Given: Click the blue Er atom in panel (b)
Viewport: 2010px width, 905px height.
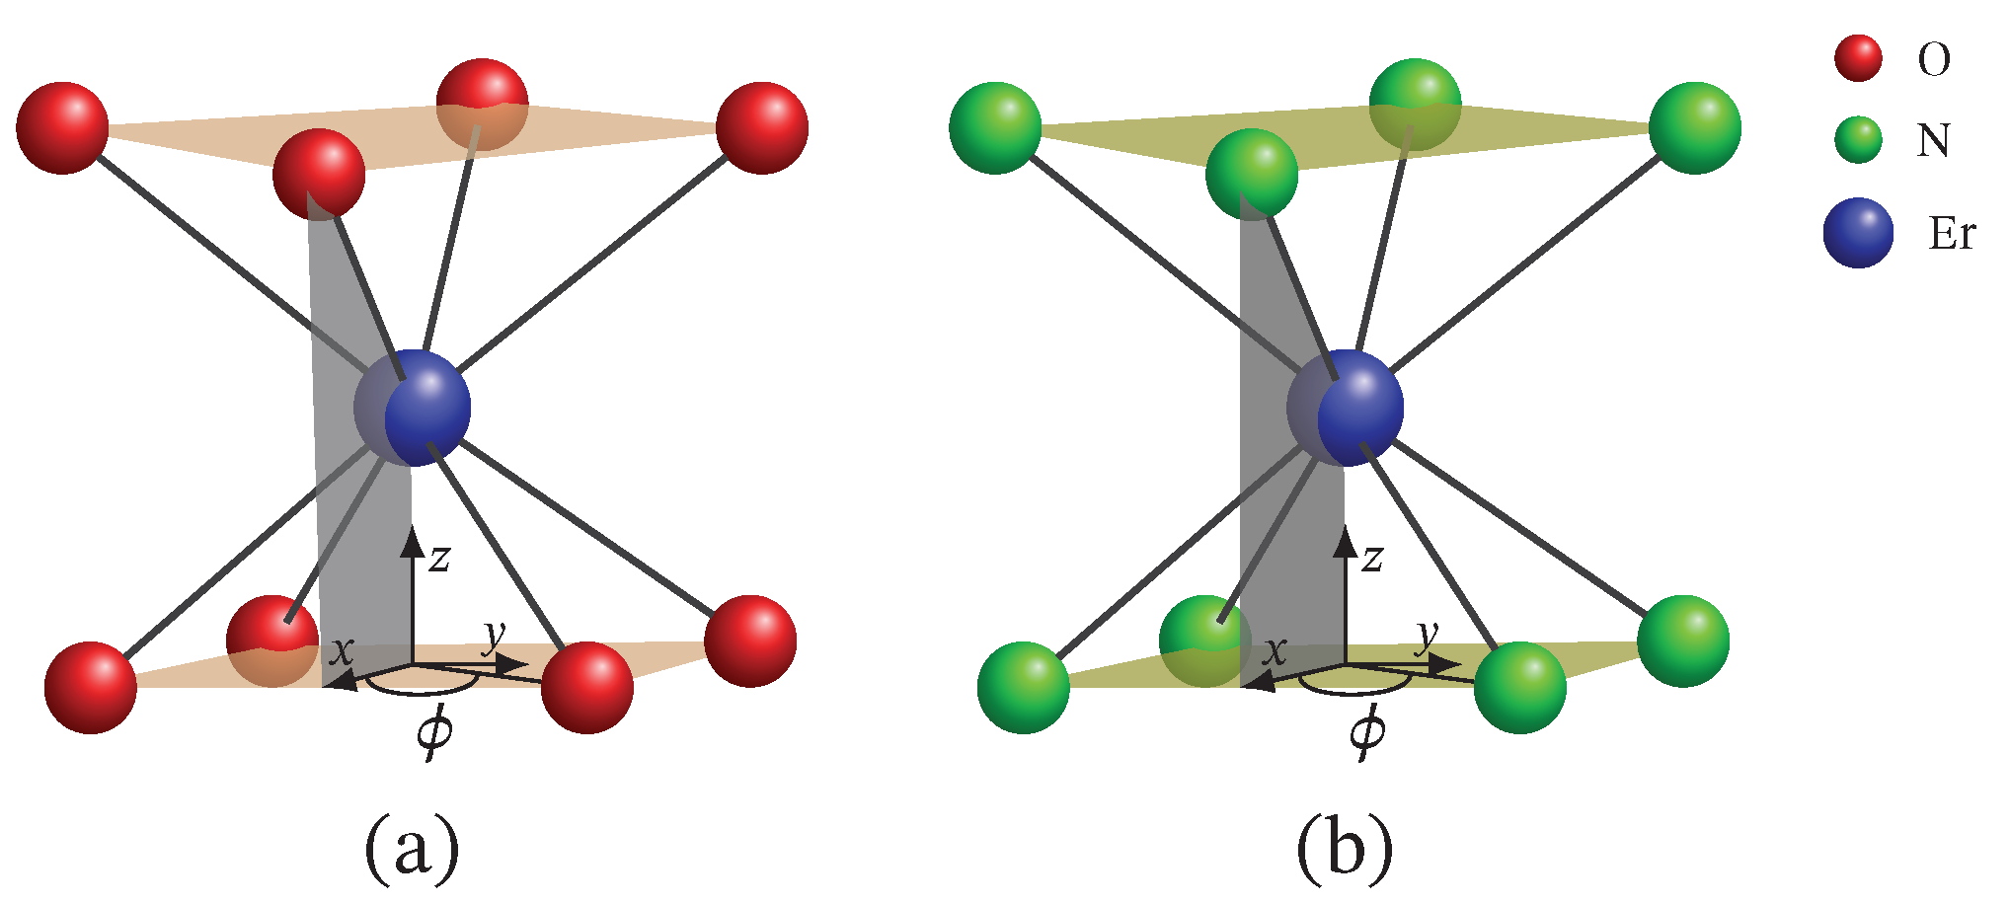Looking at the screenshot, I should (x=1358, y=408).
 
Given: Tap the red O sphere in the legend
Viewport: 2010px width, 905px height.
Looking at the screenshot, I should (x=1858, y=58).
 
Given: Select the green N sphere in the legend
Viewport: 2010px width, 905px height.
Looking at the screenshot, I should (x=1858, y=139).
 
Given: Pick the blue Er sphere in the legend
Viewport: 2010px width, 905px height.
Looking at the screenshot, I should (x=1858, y=233).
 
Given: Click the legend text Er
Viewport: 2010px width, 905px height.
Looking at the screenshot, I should (x=1951, y=234).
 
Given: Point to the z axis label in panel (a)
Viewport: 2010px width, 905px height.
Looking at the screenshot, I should (x=439, y=559).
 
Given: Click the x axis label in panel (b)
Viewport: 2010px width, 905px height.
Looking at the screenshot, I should (x=1276, y=651).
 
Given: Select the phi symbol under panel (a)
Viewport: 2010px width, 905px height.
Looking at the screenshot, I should (x=434, y=732).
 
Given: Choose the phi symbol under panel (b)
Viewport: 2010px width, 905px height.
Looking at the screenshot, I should (x=1367, y=732).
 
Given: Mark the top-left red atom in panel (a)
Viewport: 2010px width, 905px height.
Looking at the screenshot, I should (x=62, y=128).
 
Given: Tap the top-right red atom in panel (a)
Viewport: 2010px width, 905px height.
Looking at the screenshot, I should (x=762, y=128).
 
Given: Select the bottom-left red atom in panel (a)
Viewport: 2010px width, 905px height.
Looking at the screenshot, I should (x=91, y=688).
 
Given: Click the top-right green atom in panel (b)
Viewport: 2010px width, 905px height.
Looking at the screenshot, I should (x=1695, y=128).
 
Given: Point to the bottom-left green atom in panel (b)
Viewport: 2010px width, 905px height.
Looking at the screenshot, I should (x=1024, y=688).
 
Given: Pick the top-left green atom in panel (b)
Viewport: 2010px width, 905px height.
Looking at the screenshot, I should (x=995, y=128).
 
